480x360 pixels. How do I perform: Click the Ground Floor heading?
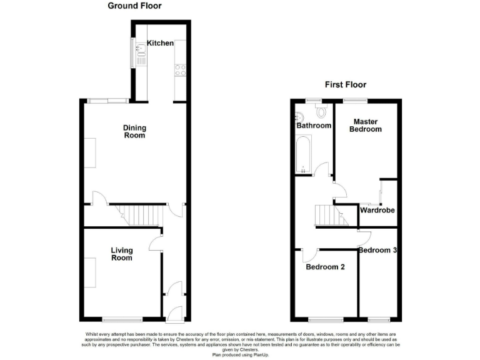click(134, 6)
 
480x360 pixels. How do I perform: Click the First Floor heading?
click(345, 84)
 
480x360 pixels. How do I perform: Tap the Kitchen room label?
click(160, 43)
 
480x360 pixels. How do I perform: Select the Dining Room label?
click(134, 131)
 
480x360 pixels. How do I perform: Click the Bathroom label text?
click(314, 126)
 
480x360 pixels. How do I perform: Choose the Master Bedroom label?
click(367, 125)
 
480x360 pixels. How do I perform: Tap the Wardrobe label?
click(377, 211)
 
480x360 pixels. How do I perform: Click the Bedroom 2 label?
click(325, 267)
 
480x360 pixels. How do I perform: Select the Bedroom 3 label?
click(379, 250)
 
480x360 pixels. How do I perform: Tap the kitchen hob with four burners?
click(181, 69)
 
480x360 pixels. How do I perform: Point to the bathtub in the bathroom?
click(302, 155)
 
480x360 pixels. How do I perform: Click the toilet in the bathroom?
click(322, 111)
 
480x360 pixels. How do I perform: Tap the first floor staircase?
click(331, 216)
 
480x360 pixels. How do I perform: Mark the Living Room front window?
click(122, 318)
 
